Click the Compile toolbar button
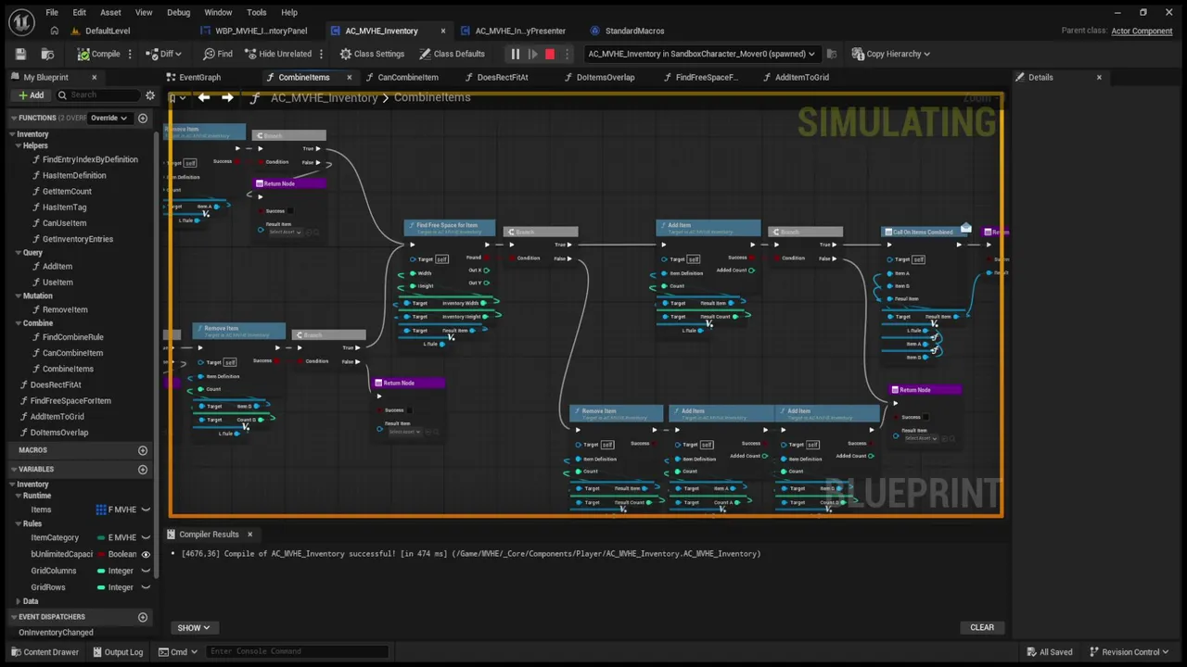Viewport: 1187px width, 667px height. click(x=99, y=54)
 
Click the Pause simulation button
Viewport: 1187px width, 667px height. click(x=516, y=54)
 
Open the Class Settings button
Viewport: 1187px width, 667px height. click(x=372, y=54)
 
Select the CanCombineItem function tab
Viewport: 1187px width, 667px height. click(x=407, y=77)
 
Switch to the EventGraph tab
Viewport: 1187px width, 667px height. click(x=199, y=77)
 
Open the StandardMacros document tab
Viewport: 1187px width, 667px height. click(x=634, y=31)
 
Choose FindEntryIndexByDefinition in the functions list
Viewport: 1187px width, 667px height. click(x=90, y=159)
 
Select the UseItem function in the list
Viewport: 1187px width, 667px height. click(x=57, y=282)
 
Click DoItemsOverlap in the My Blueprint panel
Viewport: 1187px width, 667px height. click(x=59, y=433)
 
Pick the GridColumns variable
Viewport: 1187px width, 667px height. click(x=54, y=571)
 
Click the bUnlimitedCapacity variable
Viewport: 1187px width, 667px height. click(x=62, y=554)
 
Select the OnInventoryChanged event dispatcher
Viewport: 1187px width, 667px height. click(x=56, y=633)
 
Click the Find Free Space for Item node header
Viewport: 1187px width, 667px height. click(x=448, y=225)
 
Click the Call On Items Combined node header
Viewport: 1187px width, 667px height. click(x=923, y=232)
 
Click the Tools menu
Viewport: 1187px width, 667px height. click(x=257, y=12)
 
